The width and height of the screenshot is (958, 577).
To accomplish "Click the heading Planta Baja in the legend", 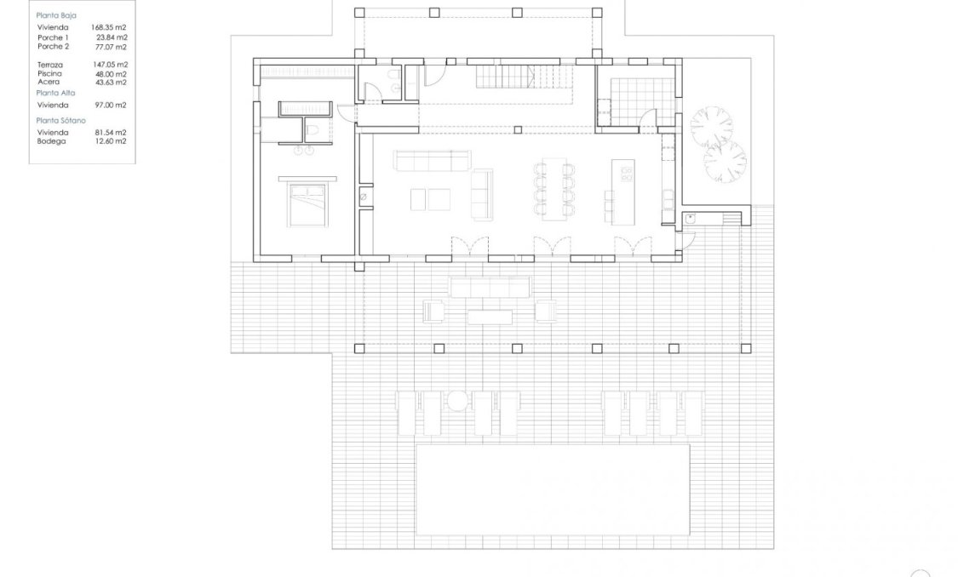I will tap(56, 15).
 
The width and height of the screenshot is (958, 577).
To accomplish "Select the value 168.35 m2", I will tap(109, 27).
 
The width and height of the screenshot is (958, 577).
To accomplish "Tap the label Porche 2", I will tap(53, 47).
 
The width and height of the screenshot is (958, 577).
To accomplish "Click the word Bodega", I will tap(51, 141).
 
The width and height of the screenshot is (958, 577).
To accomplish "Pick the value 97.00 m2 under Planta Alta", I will tap(110, 105).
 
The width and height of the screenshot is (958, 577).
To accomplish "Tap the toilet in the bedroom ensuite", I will tap(313, 129).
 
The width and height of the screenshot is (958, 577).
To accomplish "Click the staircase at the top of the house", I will tap(506, 80).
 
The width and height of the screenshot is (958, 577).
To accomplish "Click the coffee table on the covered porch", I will tap(490, 317).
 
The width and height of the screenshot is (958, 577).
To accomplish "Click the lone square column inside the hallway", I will tap(519, 129).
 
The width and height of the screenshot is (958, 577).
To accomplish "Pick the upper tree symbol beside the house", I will tap(711, 126).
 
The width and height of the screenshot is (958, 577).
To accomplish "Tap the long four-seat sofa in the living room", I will tap(431, 160).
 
